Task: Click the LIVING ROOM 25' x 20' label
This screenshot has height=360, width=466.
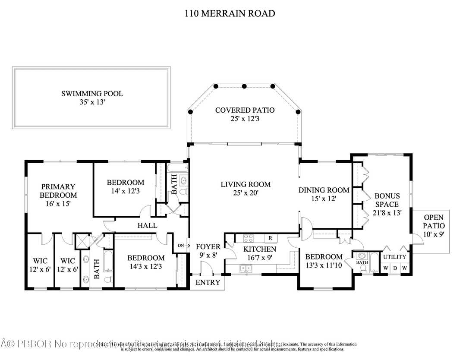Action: click(246, 189)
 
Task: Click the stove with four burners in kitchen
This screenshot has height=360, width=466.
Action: click(249, 238)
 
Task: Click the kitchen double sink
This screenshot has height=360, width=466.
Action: click(246, 268)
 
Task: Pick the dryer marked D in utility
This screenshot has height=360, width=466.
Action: click(395, 268)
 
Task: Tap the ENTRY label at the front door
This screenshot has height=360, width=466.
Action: click(208, 283)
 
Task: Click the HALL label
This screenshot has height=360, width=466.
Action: click(147, 225)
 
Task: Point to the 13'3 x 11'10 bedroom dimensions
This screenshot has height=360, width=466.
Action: click(323, 265)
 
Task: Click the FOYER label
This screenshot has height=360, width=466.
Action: click(208, 247)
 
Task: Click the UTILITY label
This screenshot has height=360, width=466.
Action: click(395, 257)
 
